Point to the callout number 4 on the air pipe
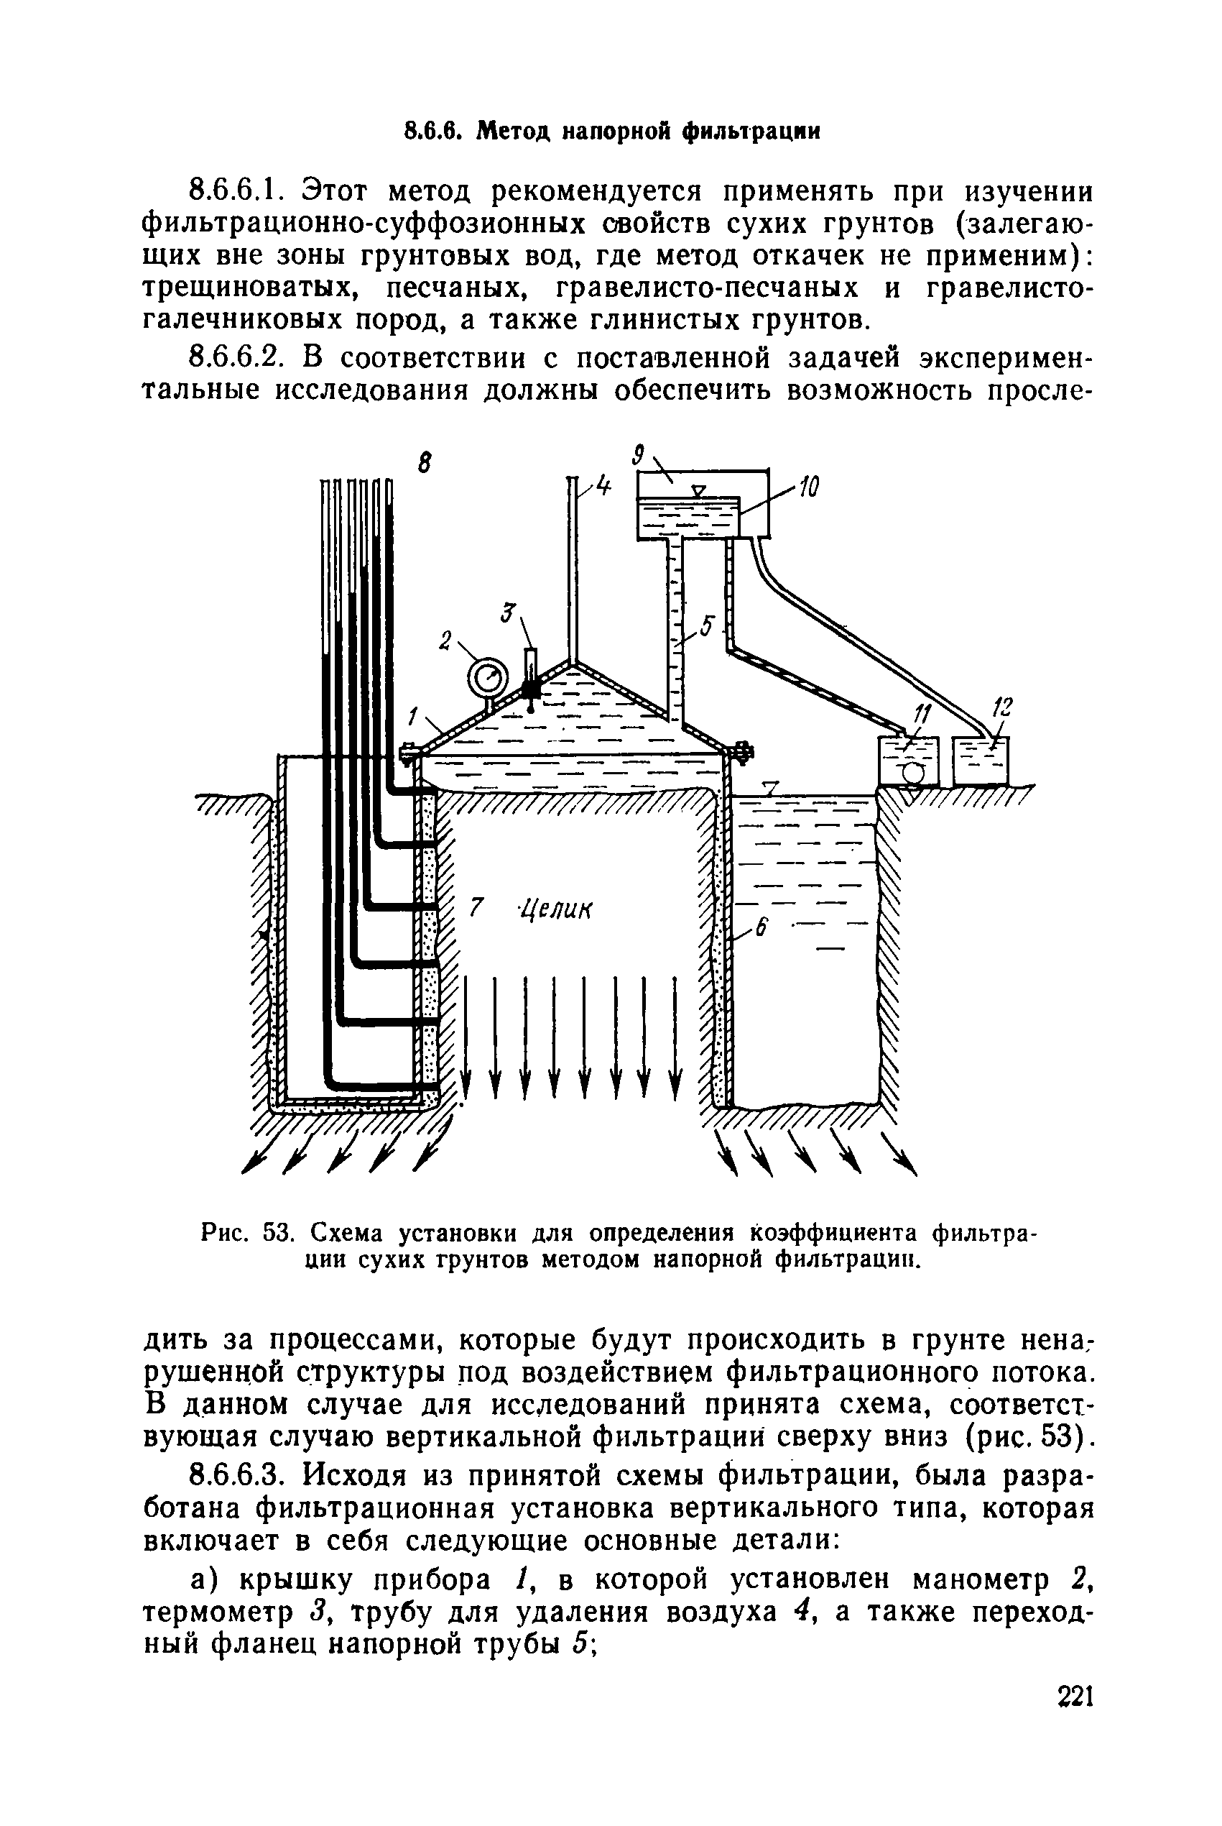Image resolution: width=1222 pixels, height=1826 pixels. pos(604,485)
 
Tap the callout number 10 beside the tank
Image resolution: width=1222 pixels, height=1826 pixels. pos(807,488)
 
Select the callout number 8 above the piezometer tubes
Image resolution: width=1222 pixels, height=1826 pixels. pos(424,464)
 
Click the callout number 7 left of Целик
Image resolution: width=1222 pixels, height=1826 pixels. pos(477,907)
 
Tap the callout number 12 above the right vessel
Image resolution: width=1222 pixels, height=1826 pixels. pos(1004,708)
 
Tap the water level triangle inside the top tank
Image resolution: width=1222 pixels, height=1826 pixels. pos(699,490)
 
